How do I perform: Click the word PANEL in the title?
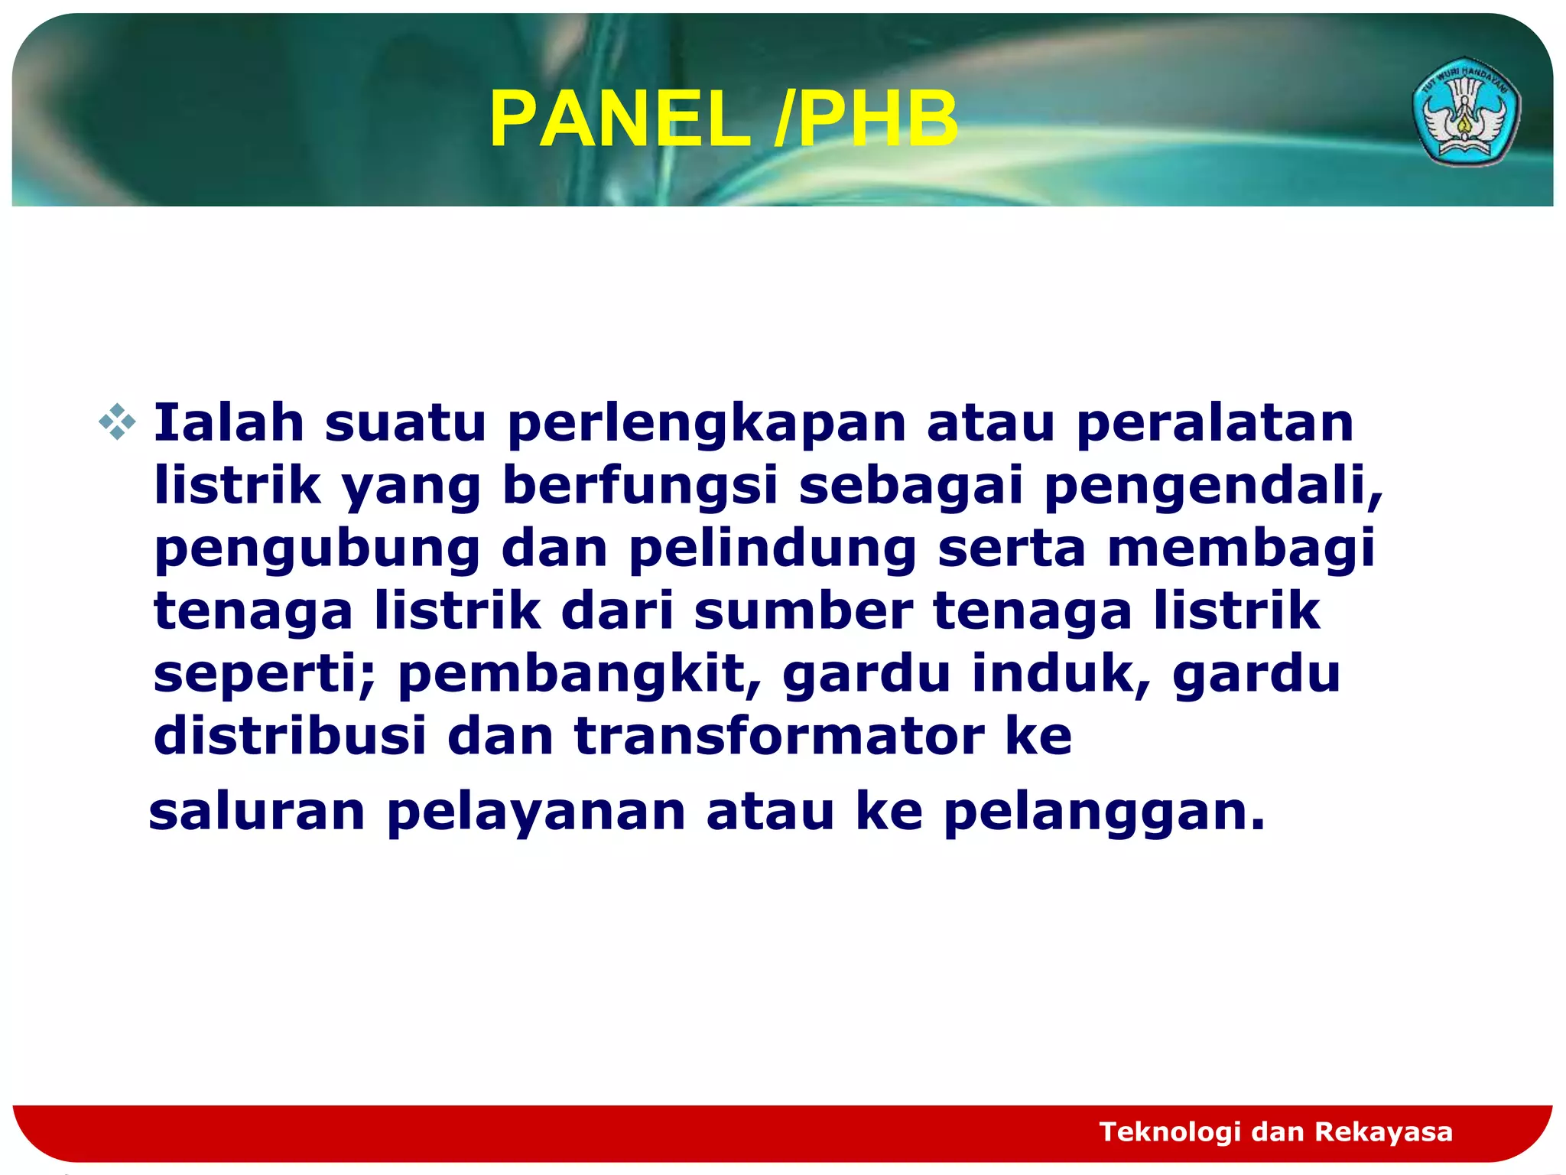[x=619, y=119]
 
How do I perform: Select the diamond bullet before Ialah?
[x=117, y=422]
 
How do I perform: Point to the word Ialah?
[x=229, y=423]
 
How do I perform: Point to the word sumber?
[x=803, y=610]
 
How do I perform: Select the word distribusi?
[x=290, y=735]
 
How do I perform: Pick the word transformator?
[x=779, y=735]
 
